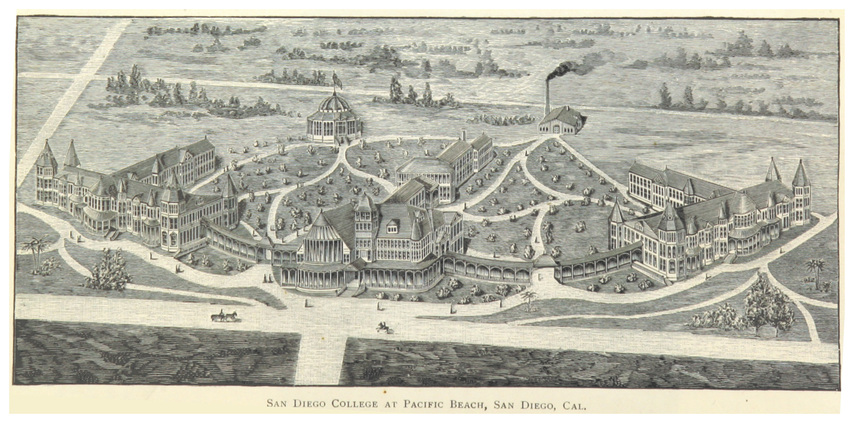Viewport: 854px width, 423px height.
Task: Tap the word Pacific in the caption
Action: (424, 404)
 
